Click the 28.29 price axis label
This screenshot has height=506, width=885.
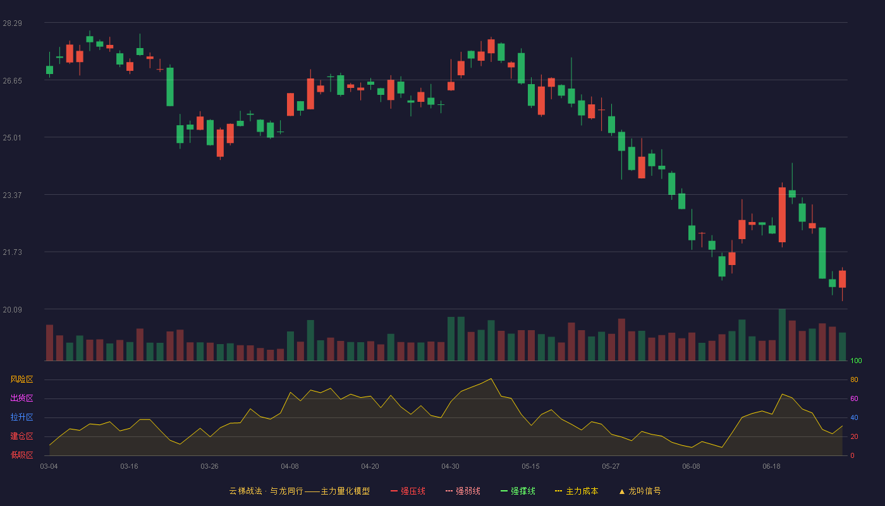12,23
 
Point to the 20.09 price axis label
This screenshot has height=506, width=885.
12,309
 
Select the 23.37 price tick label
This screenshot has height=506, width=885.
12,195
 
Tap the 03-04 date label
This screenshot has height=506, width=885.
49,467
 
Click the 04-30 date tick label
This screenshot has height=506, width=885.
450,467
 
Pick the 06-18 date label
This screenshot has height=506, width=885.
772,467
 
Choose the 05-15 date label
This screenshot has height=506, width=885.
530,467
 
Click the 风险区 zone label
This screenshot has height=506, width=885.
21,379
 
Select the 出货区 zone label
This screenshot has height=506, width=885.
21,398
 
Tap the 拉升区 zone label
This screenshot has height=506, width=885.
21,417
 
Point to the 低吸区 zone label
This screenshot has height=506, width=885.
21,455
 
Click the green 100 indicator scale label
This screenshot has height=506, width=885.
856,361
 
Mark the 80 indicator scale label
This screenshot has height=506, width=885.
854,379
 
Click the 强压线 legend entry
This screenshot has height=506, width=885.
408,491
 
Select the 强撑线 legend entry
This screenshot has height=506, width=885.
518,491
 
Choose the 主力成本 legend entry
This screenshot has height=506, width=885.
577,491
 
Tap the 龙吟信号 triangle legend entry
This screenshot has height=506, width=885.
640,491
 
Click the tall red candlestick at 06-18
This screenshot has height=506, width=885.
782,214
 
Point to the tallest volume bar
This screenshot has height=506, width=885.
782,335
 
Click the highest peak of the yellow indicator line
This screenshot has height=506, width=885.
491,379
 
